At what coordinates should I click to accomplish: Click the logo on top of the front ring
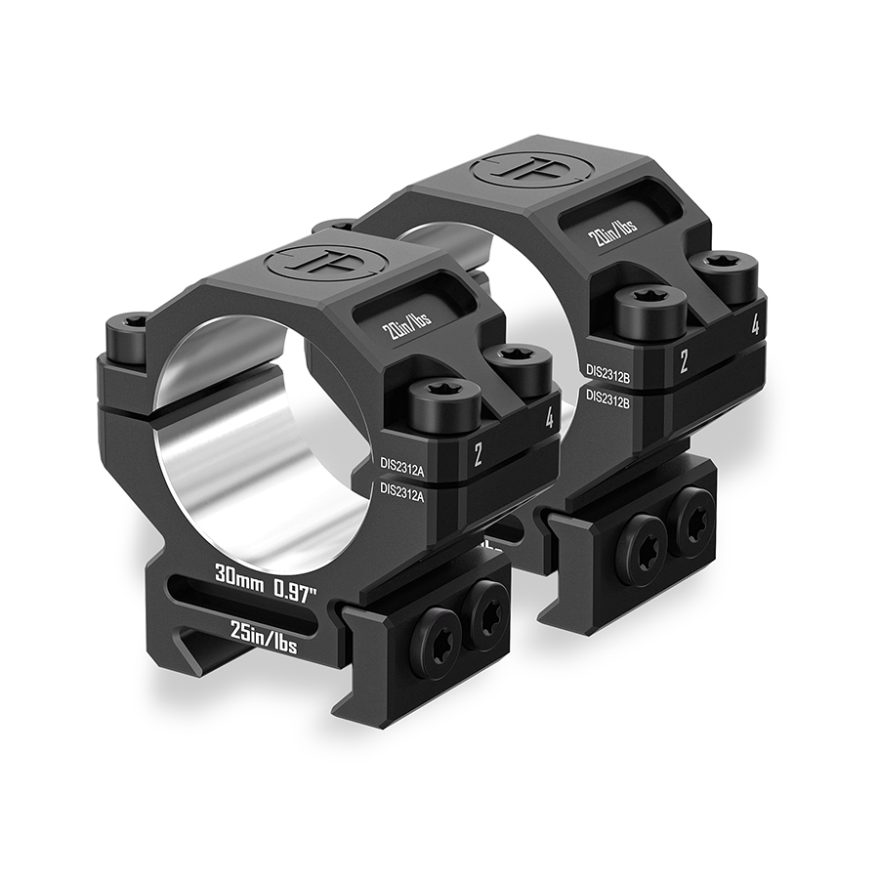pyautogui.click(x=311, y=262)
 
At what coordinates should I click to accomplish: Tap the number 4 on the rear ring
pyautogui.click(x=755, y=326)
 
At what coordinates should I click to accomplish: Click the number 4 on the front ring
pyautogui.click(x=550, y=420)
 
